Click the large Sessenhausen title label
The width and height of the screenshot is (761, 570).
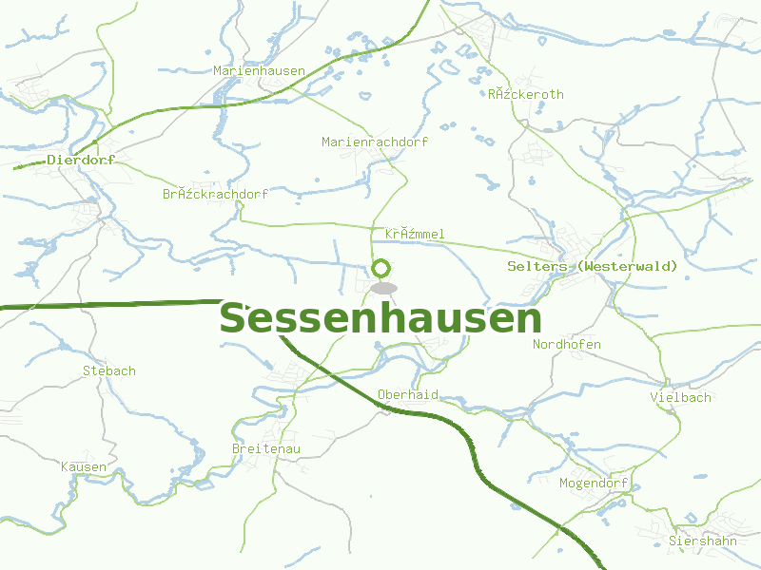click(x=380, y=319)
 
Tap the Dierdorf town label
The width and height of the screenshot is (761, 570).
click(x=80, y=161)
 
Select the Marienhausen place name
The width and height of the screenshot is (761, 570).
click(x=259, y=71)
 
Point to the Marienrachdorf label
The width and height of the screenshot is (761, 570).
click(x=375, y=142)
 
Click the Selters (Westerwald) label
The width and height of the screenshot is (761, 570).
click(x=593, y=266)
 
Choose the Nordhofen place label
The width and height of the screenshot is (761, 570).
click(x=567, y=344)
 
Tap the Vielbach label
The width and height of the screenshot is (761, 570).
click(x=680, y=397)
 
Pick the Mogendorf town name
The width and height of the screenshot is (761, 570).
click(x=594, y=483)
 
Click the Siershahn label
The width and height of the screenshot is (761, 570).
click(x=703, y=541)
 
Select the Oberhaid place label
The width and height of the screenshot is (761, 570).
click(x=407, y=394)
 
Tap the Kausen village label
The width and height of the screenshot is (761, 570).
click(x=84, y=466)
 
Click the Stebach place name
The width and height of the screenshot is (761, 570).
click(x=109, y=370)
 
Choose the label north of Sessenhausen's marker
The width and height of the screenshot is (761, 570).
click(x=415, y=234)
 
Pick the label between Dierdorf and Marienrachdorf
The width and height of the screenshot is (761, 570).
click(x=215, y=194)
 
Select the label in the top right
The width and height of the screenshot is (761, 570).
click(x=525, y=94)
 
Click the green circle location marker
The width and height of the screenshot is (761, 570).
click(x=382, y=269)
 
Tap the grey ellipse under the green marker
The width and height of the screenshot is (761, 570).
click(x=383, y=288)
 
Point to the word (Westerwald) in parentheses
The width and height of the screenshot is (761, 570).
click(x=628, y=266)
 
